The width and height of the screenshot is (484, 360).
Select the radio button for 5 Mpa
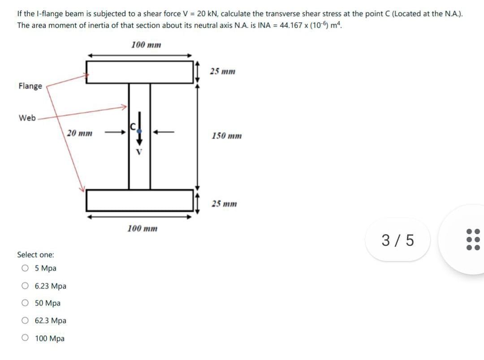pos(25,269)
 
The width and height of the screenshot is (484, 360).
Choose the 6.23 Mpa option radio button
pos(25,286)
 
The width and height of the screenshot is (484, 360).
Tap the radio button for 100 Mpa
pos(25,339)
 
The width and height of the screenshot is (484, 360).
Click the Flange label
pos(30,86)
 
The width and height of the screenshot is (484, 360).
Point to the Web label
pos(27,118)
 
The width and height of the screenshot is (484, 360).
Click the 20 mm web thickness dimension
pos(80,133)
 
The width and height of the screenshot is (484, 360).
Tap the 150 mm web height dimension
pos(226,136)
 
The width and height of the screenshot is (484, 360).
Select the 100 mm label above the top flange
pos(146,45)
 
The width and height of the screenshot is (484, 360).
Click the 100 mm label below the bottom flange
pos(142,228)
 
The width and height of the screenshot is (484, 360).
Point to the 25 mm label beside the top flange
pos(223,71)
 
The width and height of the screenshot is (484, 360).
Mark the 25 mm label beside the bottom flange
pos(224,204)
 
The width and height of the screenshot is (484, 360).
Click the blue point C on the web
pos(139,129)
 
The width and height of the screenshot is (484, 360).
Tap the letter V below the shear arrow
pos(139,151)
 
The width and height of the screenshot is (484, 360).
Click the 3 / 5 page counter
pos(398,240)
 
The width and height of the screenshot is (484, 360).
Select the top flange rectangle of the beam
pos(139,72)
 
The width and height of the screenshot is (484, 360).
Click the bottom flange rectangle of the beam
pos(139,200)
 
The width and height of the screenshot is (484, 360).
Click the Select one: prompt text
pos(35,255)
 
